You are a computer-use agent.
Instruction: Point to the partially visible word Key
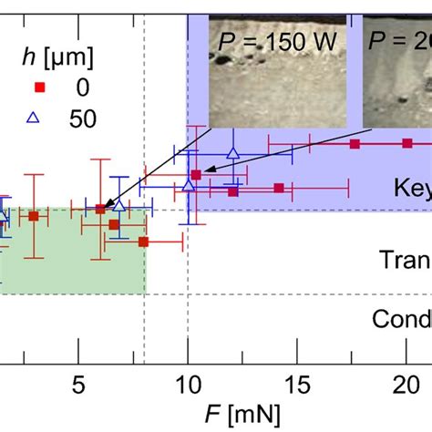(x=411, y=188)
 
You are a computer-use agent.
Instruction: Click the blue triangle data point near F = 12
(x=233, y=154)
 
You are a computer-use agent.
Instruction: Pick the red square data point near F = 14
(x=279, y=188)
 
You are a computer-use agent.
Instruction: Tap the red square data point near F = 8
(x=144, y=242)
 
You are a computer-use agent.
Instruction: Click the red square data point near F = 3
(x=33, y=216)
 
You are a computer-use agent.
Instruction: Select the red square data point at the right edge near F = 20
(x=407, y=143)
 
